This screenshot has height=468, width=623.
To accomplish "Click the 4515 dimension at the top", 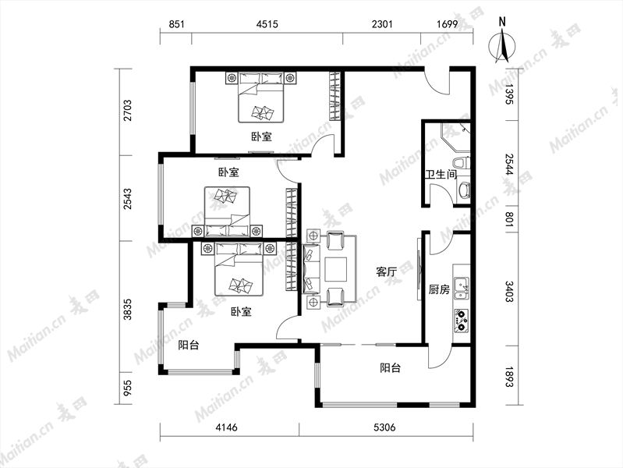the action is point(267,24).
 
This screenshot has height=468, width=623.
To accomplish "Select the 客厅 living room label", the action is point(386,272).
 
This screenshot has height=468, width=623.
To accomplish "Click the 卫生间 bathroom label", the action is point(441,174).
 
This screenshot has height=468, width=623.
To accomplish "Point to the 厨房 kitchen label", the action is point(439,289).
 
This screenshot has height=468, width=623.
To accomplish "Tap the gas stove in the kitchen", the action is point(461,321).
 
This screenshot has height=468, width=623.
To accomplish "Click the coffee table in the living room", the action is point(336,270).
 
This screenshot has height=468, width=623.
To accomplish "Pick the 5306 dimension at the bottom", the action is point(384,427).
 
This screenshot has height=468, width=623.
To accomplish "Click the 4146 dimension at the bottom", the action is point(226,427).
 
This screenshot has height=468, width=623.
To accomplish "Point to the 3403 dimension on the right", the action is point(510,291).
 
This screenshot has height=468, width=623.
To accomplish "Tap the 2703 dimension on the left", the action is point(128,110).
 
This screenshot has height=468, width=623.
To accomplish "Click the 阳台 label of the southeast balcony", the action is point(390,368).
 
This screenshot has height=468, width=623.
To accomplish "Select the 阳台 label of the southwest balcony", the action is point(189,345).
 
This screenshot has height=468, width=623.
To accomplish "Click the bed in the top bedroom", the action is point(261,97).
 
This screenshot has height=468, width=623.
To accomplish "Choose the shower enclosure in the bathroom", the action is point(455,137).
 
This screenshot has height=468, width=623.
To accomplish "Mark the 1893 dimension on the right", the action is point(510,376).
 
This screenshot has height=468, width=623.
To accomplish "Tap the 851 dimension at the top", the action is point(176,24).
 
